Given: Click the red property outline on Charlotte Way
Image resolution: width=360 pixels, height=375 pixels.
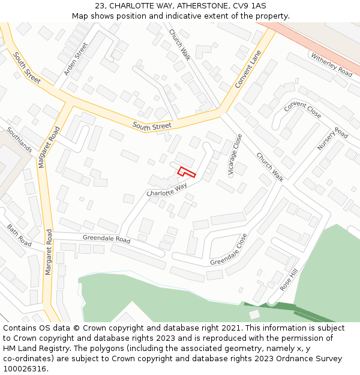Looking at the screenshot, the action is click(x=187, y=172).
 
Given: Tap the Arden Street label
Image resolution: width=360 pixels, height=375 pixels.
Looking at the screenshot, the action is click(x=76, y=59).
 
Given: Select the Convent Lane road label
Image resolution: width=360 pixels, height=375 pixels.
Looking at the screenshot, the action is click(x=248, y=69).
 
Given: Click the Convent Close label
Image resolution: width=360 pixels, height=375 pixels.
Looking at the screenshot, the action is click(x=303, y=110).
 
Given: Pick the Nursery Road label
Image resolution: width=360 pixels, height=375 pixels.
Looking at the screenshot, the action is click(x=332, y=139).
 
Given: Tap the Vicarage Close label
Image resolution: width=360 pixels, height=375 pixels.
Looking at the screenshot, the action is click(x=235, y=155).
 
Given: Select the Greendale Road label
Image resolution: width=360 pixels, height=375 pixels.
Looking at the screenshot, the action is click(x=106, y=239).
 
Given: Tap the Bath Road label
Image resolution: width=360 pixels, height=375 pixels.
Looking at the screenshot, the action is click(x=19, y=235).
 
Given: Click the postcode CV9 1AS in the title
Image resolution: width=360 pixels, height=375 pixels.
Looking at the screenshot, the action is click(x=249, y=6).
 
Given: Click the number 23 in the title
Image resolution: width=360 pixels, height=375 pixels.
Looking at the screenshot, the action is click(x=100, y=6).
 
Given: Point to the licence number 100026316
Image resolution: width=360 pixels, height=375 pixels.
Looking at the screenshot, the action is click(x=25, y=369).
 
